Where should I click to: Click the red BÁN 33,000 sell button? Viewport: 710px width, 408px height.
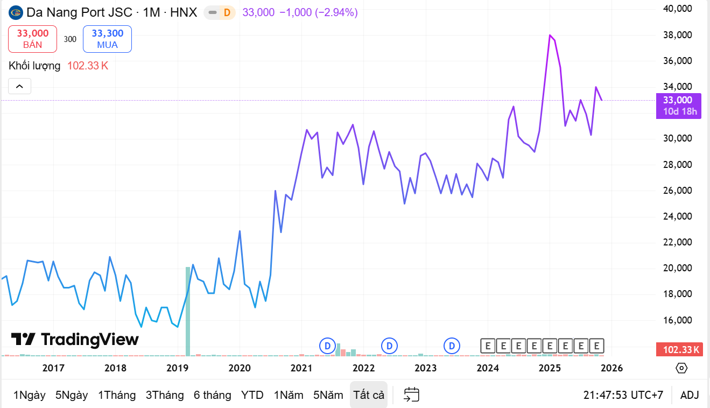[32, 39]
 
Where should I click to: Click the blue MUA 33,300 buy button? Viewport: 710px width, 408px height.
[107, 39]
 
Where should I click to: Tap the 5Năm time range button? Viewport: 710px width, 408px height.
[328, 395]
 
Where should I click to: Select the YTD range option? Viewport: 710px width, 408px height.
[252, 395]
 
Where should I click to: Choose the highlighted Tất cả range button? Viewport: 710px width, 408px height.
[369, 395]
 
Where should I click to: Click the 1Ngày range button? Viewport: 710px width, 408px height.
[30, 395]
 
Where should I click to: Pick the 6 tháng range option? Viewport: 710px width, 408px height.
[212, 395]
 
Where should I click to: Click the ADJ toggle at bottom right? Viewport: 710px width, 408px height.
[690, 395]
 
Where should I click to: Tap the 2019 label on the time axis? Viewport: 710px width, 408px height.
[177, 368]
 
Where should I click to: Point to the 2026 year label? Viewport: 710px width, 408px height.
[611, 368]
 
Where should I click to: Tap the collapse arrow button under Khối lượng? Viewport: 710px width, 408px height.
[19, 86]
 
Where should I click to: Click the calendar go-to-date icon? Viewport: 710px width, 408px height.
[411, 395]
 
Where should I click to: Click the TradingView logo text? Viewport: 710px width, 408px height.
[75, 339]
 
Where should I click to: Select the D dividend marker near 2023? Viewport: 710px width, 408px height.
[452, 346]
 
